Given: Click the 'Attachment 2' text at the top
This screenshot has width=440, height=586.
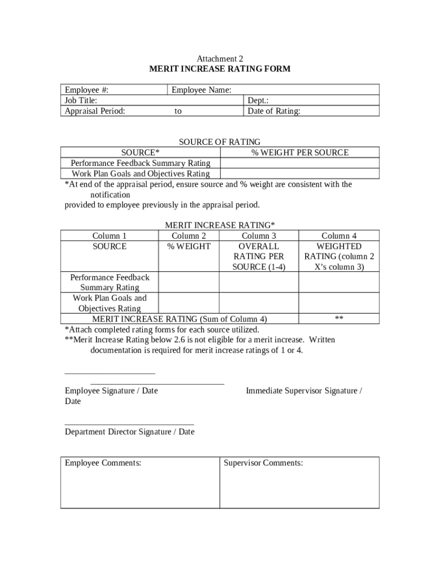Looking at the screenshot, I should [x=220, y=59].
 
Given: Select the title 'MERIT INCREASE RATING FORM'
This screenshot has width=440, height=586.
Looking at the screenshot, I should [x=220, y=69].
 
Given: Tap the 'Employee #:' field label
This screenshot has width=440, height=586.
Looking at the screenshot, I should [x=87, y=90].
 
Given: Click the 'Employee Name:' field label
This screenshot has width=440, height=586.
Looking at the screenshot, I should [x=201, y=90].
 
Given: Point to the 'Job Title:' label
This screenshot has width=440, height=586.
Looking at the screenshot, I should [x=81, y=101].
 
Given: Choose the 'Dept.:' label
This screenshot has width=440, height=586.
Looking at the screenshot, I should [x=258, y=101].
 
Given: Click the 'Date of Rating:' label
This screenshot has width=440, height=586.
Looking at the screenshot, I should [x=274, y=111].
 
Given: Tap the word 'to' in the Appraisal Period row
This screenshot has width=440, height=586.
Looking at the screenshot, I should [x=178, y=111].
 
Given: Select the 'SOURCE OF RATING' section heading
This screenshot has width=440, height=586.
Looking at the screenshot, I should [x=220, y=142].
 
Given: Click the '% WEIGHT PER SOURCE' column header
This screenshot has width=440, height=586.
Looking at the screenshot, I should [x=300, y=152].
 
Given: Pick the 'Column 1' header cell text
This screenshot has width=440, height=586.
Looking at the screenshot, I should [x=110, y=236].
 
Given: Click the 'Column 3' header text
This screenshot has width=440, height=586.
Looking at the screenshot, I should [x=259, y=236].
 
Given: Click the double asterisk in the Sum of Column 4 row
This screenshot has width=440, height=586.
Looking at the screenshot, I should [x=339, y=319].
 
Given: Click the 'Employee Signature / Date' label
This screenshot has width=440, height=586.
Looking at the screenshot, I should [x=111, y=391].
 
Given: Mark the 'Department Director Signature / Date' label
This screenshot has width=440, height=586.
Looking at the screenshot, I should [x=130, y=432].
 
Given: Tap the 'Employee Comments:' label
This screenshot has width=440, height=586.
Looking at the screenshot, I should [x=103, y=463].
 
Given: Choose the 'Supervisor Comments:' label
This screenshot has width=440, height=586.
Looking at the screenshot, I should [x=263, y=463].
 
